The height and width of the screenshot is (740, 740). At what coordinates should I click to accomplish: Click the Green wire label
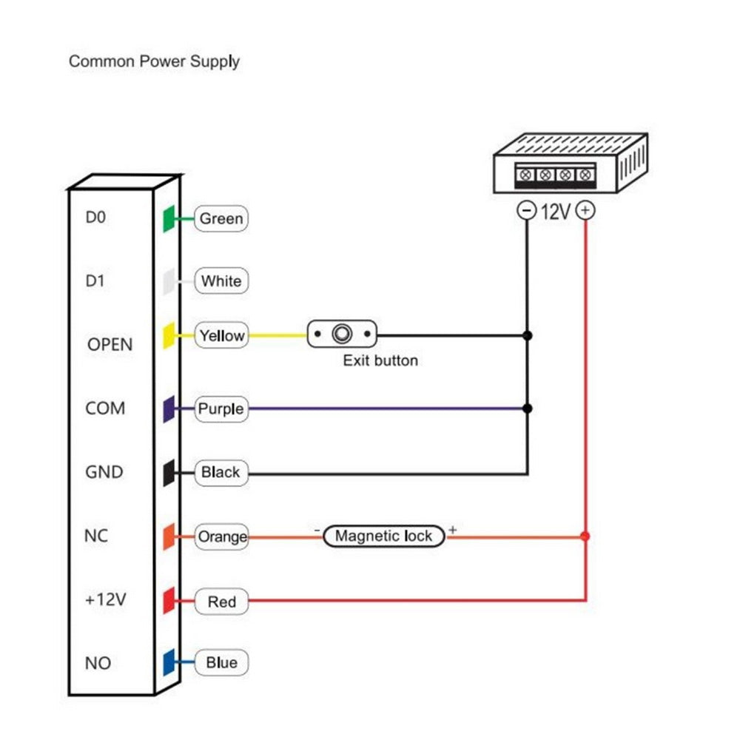221,218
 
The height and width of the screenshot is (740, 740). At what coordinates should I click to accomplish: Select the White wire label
221,281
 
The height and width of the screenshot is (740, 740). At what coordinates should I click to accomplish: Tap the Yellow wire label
221,336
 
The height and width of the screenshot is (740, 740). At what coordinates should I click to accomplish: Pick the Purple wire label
221,408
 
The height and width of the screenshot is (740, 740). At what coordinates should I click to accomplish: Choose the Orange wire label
221,536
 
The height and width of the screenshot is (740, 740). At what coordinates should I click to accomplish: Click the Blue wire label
221,663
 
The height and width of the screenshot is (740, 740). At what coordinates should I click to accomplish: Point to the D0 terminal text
97,218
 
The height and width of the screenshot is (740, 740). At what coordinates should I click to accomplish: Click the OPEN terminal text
110,345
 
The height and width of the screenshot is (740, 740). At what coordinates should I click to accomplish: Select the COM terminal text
105,408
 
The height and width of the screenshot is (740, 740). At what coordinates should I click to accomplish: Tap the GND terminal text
104,472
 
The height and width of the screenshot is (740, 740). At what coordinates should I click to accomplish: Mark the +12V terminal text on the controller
106,599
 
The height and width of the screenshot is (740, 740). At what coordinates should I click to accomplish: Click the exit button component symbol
342,334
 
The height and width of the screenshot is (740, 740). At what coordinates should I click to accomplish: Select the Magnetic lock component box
383,536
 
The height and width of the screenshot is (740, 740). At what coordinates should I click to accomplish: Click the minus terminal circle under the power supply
526,212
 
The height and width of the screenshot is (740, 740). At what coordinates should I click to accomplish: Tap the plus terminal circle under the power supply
585,212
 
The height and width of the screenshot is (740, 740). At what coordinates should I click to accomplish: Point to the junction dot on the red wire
585,536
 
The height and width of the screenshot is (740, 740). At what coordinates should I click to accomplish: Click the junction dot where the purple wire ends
527,408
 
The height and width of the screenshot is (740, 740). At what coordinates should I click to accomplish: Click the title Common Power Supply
154,61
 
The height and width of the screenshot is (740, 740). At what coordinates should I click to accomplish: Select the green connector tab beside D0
168,218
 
